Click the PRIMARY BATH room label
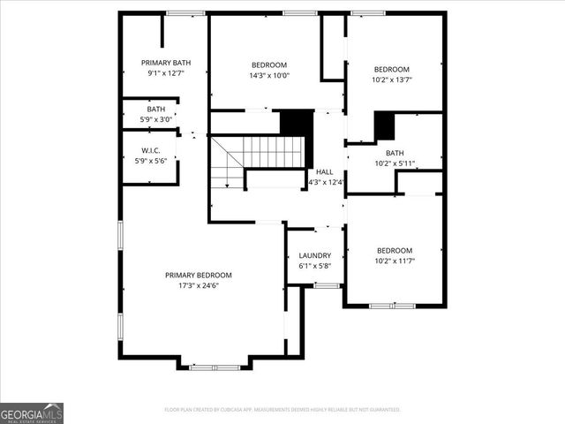(166, 63)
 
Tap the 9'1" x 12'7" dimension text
(166, 74)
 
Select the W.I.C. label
(150, 150)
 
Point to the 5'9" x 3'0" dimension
(150, 119)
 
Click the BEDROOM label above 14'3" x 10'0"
(269, 64)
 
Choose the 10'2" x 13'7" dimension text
(392, 80)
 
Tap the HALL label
(324, 171)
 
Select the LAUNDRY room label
(314, 254)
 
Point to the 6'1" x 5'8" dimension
(314, 265)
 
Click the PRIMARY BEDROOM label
(199, 275)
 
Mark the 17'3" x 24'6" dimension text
(199, 285)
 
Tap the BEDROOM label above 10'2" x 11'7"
(394, 250)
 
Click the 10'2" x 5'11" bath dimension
(395, 163)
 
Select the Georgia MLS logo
(32, 413)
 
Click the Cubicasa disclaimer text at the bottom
(282, 410)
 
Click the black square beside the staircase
(297, 123)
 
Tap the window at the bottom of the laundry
(327, 285)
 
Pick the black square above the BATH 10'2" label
(384, 126)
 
